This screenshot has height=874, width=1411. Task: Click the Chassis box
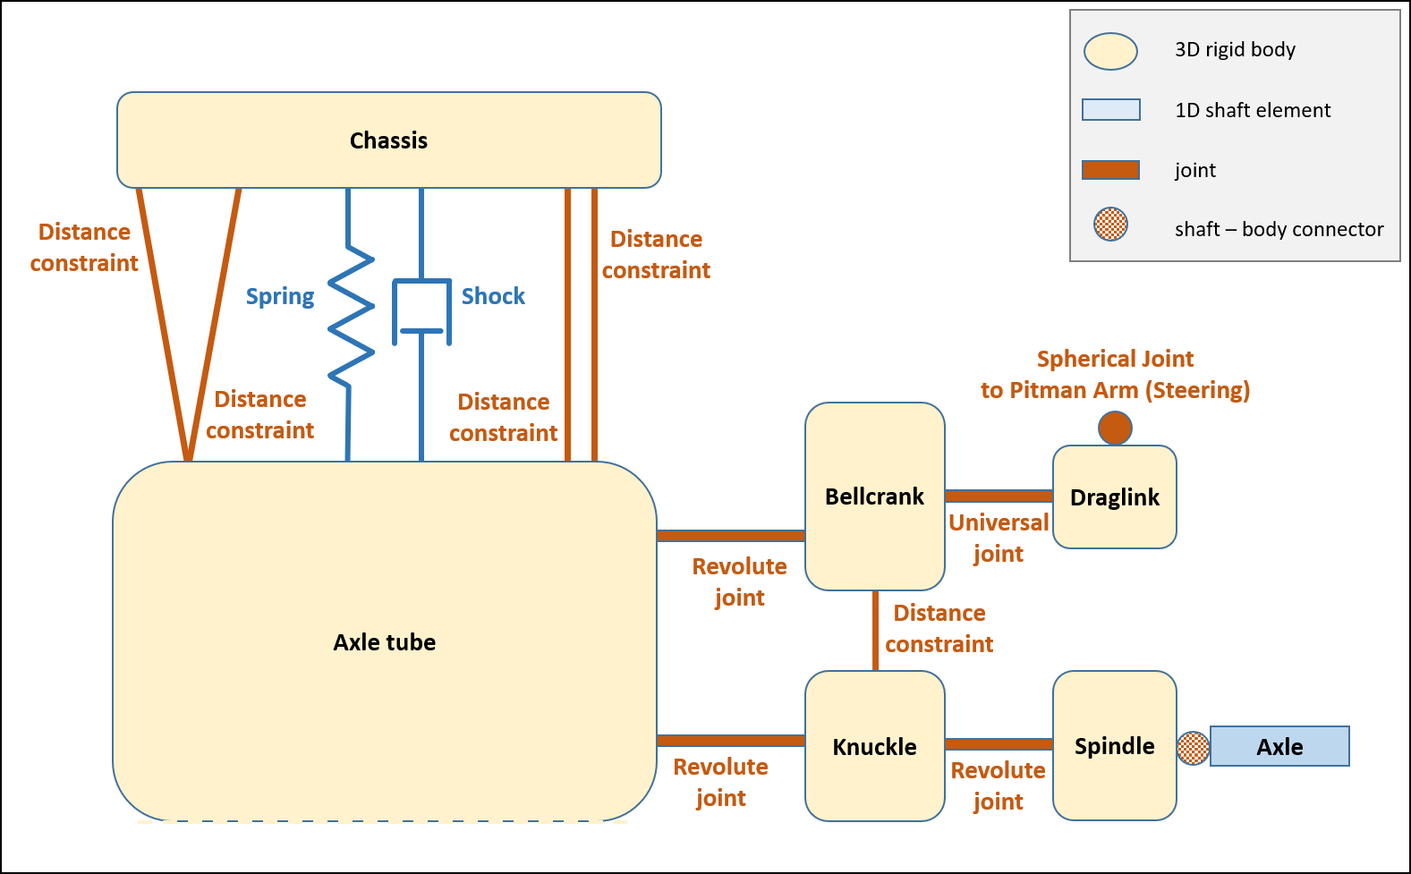tap(388, 140)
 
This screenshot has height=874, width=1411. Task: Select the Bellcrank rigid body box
tap(874, 496)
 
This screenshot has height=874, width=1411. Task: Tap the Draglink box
tap(1114, 496)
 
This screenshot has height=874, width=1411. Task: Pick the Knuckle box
tap(874, 746)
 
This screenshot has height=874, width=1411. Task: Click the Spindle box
tap(1114, 745)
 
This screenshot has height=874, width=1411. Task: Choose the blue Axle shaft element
tap(1279, 746)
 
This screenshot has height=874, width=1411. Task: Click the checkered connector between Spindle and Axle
tap(1193, 748)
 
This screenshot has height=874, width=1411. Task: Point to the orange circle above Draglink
tap(1115, 428)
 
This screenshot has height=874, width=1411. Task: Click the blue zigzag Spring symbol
tap(351, 313)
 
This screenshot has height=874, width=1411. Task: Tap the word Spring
tap(280, 296)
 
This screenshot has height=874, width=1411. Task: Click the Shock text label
tap(493, 296)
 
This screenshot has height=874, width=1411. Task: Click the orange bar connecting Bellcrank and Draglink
tap(999, 496)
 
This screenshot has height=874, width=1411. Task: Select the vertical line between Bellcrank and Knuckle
tap(875, 630)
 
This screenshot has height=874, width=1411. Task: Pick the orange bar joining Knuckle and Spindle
tap(999, 744)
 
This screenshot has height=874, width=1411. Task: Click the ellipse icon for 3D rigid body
tap(1110, 52)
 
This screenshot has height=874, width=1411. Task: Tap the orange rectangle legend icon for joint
tap(1110, 170)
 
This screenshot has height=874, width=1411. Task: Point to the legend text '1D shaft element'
tap(1252, 110)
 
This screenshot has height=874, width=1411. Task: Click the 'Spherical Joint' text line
tap(1115, 359)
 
